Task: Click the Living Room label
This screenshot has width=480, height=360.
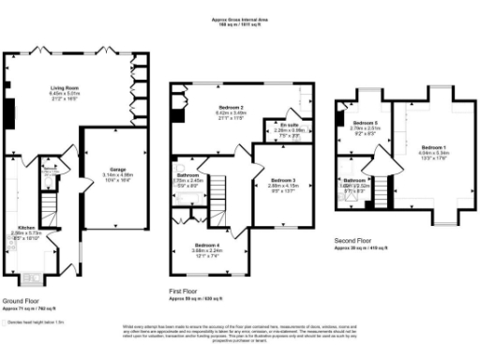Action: pyautogui.click(x=64, y=87)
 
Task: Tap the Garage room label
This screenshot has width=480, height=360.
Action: pyautogui.click(x=117, y=170)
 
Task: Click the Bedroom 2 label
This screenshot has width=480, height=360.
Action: pyautogui.click(x=217, y=108)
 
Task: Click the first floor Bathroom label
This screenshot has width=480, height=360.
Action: pyautogui.click(x=188, y=174)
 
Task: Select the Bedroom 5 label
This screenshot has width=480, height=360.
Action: pyautogui.click(x=364, y=124)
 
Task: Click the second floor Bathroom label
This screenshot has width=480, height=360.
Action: pyautogui.click(x=354, y=179)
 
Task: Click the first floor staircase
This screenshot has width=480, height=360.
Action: pyautogui.click(x=218, y=187)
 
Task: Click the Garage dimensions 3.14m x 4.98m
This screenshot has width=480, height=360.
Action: pyautogui.click(x=117, y=175)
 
